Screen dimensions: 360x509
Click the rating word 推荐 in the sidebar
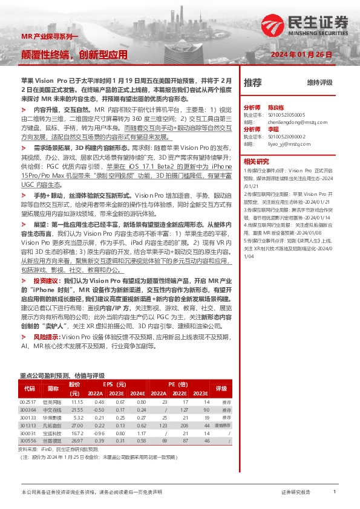[253, 82]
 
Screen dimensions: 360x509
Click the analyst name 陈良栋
[277, 106]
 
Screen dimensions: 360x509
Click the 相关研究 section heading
[257, 161]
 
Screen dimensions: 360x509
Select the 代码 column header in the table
[29, 388]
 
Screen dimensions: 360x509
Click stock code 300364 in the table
[28, 410]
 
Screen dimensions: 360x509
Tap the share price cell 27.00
[77, 426]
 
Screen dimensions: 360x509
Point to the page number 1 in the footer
[334, 493]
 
